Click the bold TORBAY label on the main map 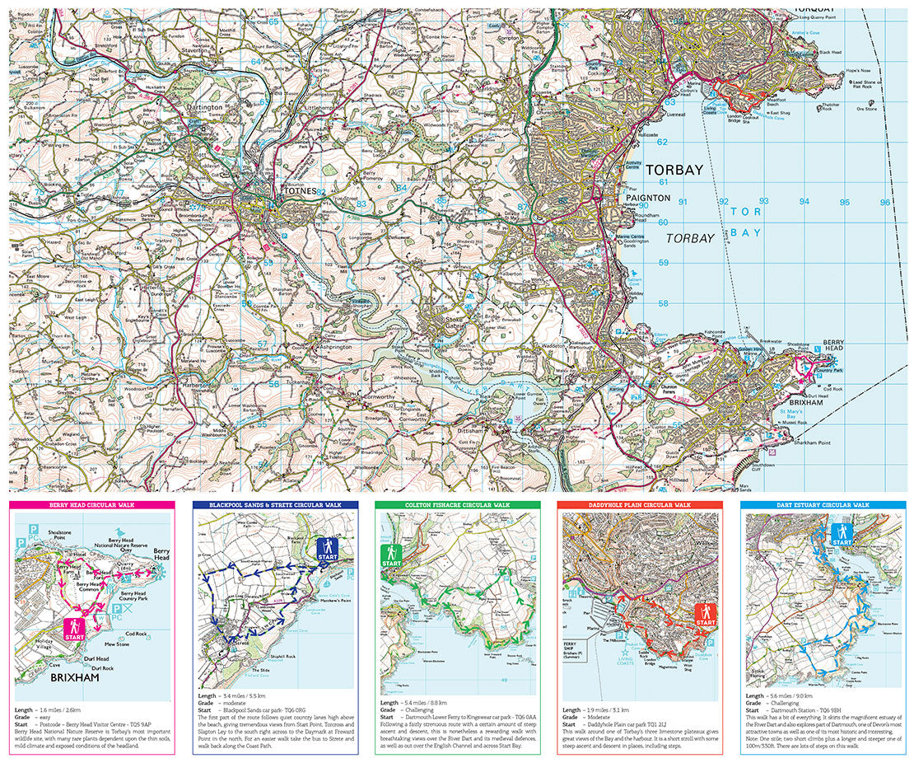coord(674,171)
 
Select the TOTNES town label coord(299,191)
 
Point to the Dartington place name coord(203,108)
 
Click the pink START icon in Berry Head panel coord(75,630)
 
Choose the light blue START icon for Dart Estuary coord(841,535)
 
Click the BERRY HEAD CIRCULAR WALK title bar coord(92,504)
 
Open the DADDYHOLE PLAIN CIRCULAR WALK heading coord(639,504)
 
